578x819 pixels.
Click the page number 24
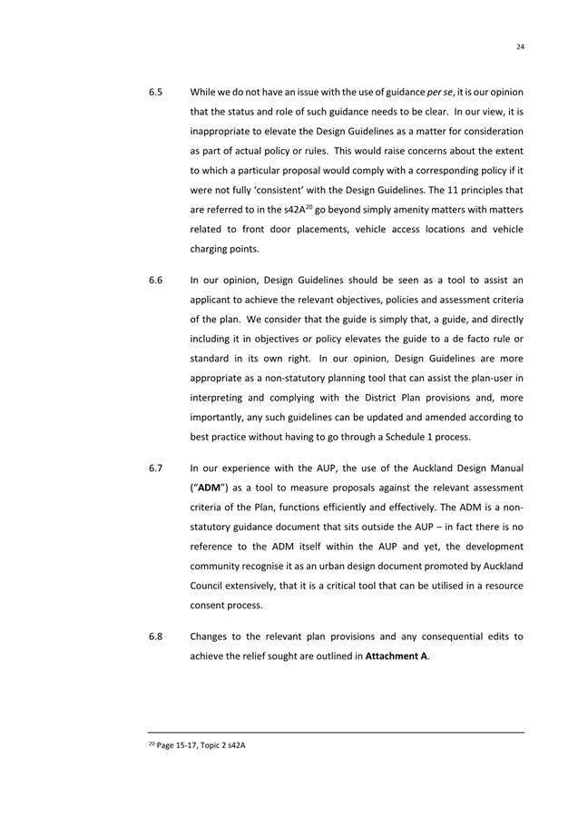(x=522, y=47)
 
